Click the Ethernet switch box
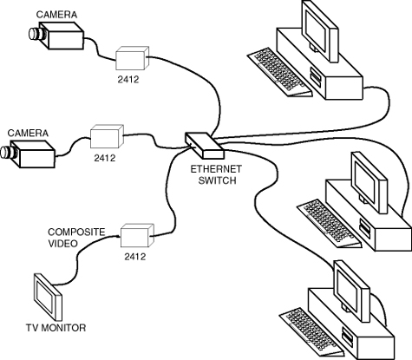[204, 146]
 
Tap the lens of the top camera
[37, 34]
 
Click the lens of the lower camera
[9, 153]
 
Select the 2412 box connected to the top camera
[133, 58]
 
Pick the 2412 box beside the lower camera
[107, 136]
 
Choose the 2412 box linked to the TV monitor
[137, 235]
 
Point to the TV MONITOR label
[56, 328]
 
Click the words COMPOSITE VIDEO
[76, 238]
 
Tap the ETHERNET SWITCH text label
[216, 174]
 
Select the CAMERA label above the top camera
[56, 15]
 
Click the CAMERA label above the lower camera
[28, 133]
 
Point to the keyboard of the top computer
[280, 72]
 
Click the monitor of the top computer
[319, 31]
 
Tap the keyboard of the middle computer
[330, 223]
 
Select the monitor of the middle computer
[369, 183]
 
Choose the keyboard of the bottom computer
[311, 332]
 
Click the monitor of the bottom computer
[351, 291]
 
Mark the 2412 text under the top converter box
[128, 79]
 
